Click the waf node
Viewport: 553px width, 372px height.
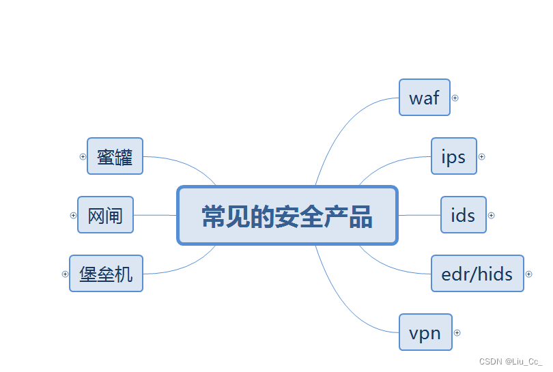[424, 98]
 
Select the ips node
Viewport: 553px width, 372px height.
[453, 156]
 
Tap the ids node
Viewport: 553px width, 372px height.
[463, 215]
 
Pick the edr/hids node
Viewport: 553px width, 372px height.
[477, 274]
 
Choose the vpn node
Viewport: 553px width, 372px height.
[425, 332]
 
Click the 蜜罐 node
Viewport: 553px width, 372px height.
[115, 156]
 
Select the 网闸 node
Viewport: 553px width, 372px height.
[105, 215]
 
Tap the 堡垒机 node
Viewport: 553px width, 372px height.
[106, 274]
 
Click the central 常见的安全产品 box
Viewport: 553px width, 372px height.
[287, 216]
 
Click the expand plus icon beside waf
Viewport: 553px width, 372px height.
[455, 98]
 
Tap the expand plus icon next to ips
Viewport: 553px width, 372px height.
[481, 156]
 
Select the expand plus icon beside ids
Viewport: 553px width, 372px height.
[491, 215]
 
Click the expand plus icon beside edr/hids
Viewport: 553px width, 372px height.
[528, 274]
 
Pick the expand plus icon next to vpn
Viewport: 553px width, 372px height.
[457, 332]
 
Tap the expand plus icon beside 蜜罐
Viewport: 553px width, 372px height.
[83, 156]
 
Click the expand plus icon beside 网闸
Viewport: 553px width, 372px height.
[73, 215]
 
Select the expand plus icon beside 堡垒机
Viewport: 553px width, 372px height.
[65, 274]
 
